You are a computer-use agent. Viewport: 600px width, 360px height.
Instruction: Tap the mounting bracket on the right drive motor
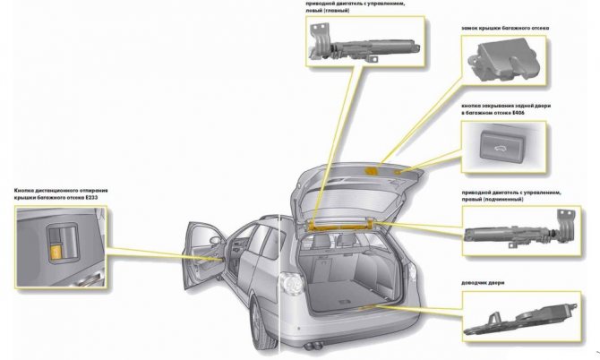567,224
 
